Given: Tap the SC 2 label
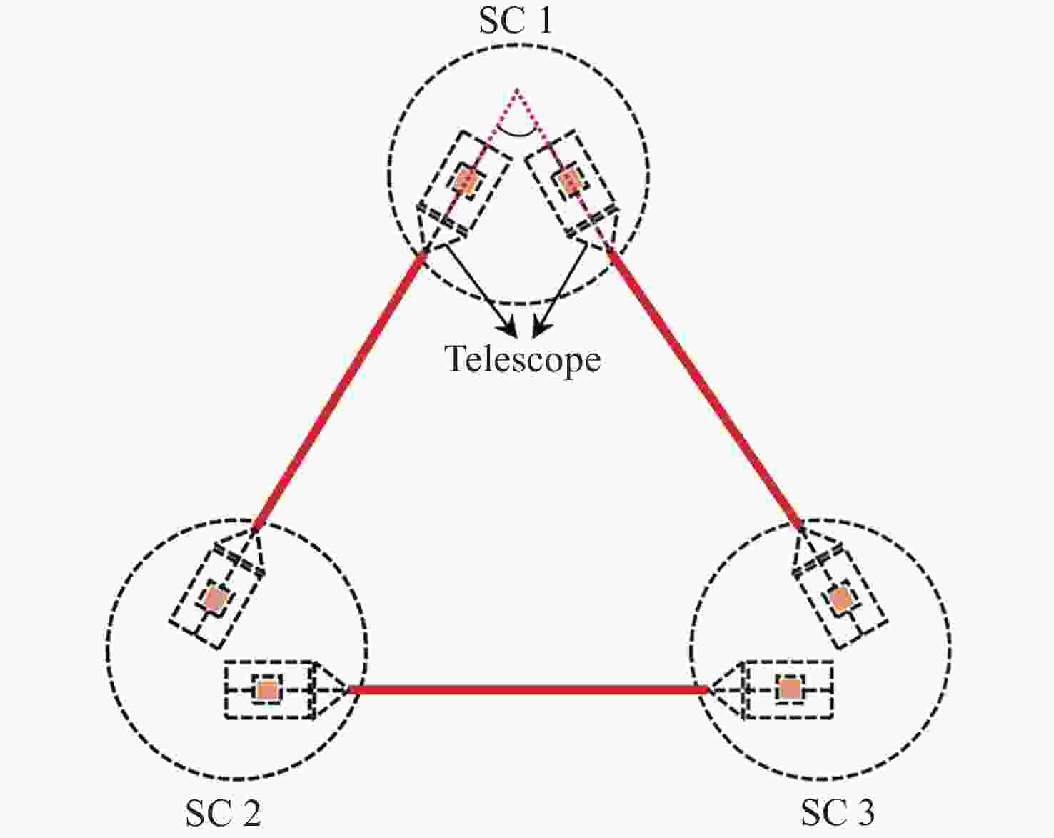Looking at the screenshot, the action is tap(223, 812).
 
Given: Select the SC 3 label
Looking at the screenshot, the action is tap(838, 812).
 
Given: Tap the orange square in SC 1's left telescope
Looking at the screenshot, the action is tap(466, 181).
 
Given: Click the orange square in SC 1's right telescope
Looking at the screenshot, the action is tap(568, 182).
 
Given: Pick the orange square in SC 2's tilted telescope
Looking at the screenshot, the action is tap(216, 599).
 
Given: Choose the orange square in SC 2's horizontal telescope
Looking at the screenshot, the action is tap(268, 690).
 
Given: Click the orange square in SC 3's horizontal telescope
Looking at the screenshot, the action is tap(789, 689).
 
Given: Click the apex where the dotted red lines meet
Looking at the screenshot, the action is tap(516, 89).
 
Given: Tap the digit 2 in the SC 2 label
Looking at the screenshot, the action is tap(250, 812).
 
